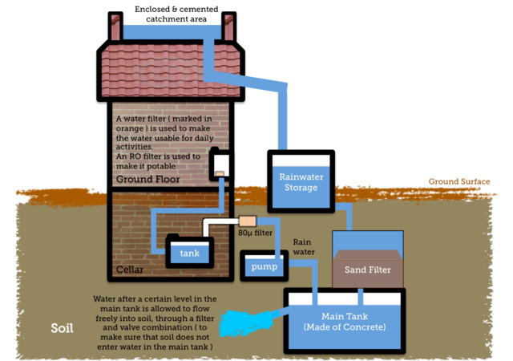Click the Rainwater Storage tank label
click(298, 182)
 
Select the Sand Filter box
click(367, 270)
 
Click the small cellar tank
click(189, 254)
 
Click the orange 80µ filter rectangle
click(247, 221)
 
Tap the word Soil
click(62, 328)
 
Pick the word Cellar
click(130, 270)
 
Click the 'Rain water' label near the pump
click(302, 246)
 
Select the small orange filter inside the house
click(218, 172)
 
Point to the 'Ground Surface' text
click(458, 181)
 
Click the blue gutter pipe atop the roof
click(172, 29)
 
